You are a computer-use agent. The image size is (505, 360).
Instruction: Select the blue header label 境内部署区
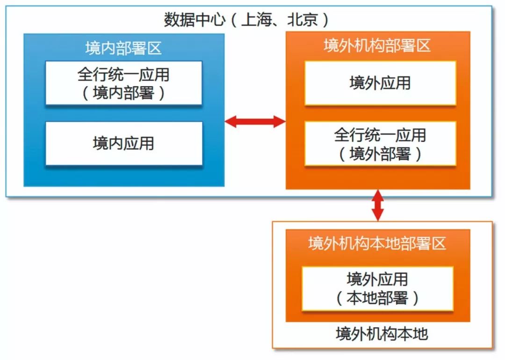pyautogui.click(x=123, y=48)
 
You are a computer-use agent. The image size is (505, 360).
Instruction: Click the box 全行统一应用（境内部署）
pyautogui.click(x=123, y=83)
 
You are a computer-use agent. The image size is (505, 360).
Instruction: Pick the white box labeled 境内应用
pyautogui.click(x=124, y=143)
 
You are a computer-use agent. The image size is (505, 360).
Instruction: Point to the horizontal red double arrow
pyautogui.click(x=255, y=122)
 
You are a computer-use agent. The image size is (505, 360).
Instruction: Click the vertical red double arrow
pyautogui.click(x=377, y=205)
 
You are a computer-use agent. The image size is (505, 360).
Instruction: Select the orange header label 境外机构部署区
pyautogui.click(x=377, y=45)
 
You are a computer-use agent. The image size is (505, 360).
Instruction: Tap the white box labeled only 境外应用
pyautogui.click(x=380, y=83)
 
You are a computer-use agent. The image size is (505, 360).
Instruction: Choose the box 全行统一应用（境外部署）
pyautogui.click(x=380, y=144)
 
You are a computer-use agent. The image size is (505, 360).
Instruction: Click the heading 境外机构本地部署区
pyautogui.click(x=377, y=244)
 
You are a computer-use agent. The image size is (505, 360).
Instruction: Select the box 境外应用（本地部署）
pyautogui.click(x=377, y=288)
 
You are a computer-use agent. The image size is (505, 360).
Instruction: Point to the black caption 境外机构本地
pyautogui.click(x=382, y=334)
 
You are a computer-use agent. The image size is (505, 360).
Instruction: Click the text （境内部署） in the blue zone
pyautogui.click(x=123, y=93)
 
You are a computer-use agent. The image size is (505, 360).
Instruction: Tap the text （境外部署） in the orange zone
pyautogui.click(x=380, y=154)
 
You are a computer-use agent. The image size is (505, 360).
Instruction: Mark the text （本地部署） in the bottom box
pyautogui.click(x=377, y=298)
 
